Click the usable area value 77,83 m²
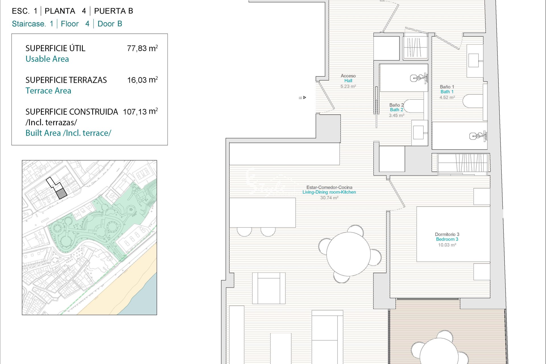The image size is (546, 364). point(142,48)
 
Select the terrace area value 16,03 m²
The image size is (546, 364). point(142,80)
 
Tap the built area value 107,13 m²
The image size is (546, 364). point(140,111)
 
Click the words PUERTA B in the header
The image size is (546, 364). point(113,11)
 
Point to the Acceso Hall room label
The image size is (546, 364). point(348,81)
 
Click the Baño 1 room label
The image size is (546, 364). point(447,92)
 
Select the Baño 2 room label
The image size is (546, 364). point(396,110)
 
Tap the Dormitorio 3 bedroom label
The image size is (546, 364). point(447,239)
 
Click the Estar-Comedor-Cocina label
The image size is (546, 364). point(329,192)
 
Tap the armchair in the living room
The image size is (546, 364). point(269,288)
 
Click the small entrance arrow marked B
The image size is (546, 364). point(305,98)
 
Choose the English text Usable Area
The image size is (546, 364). point(47,59)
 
